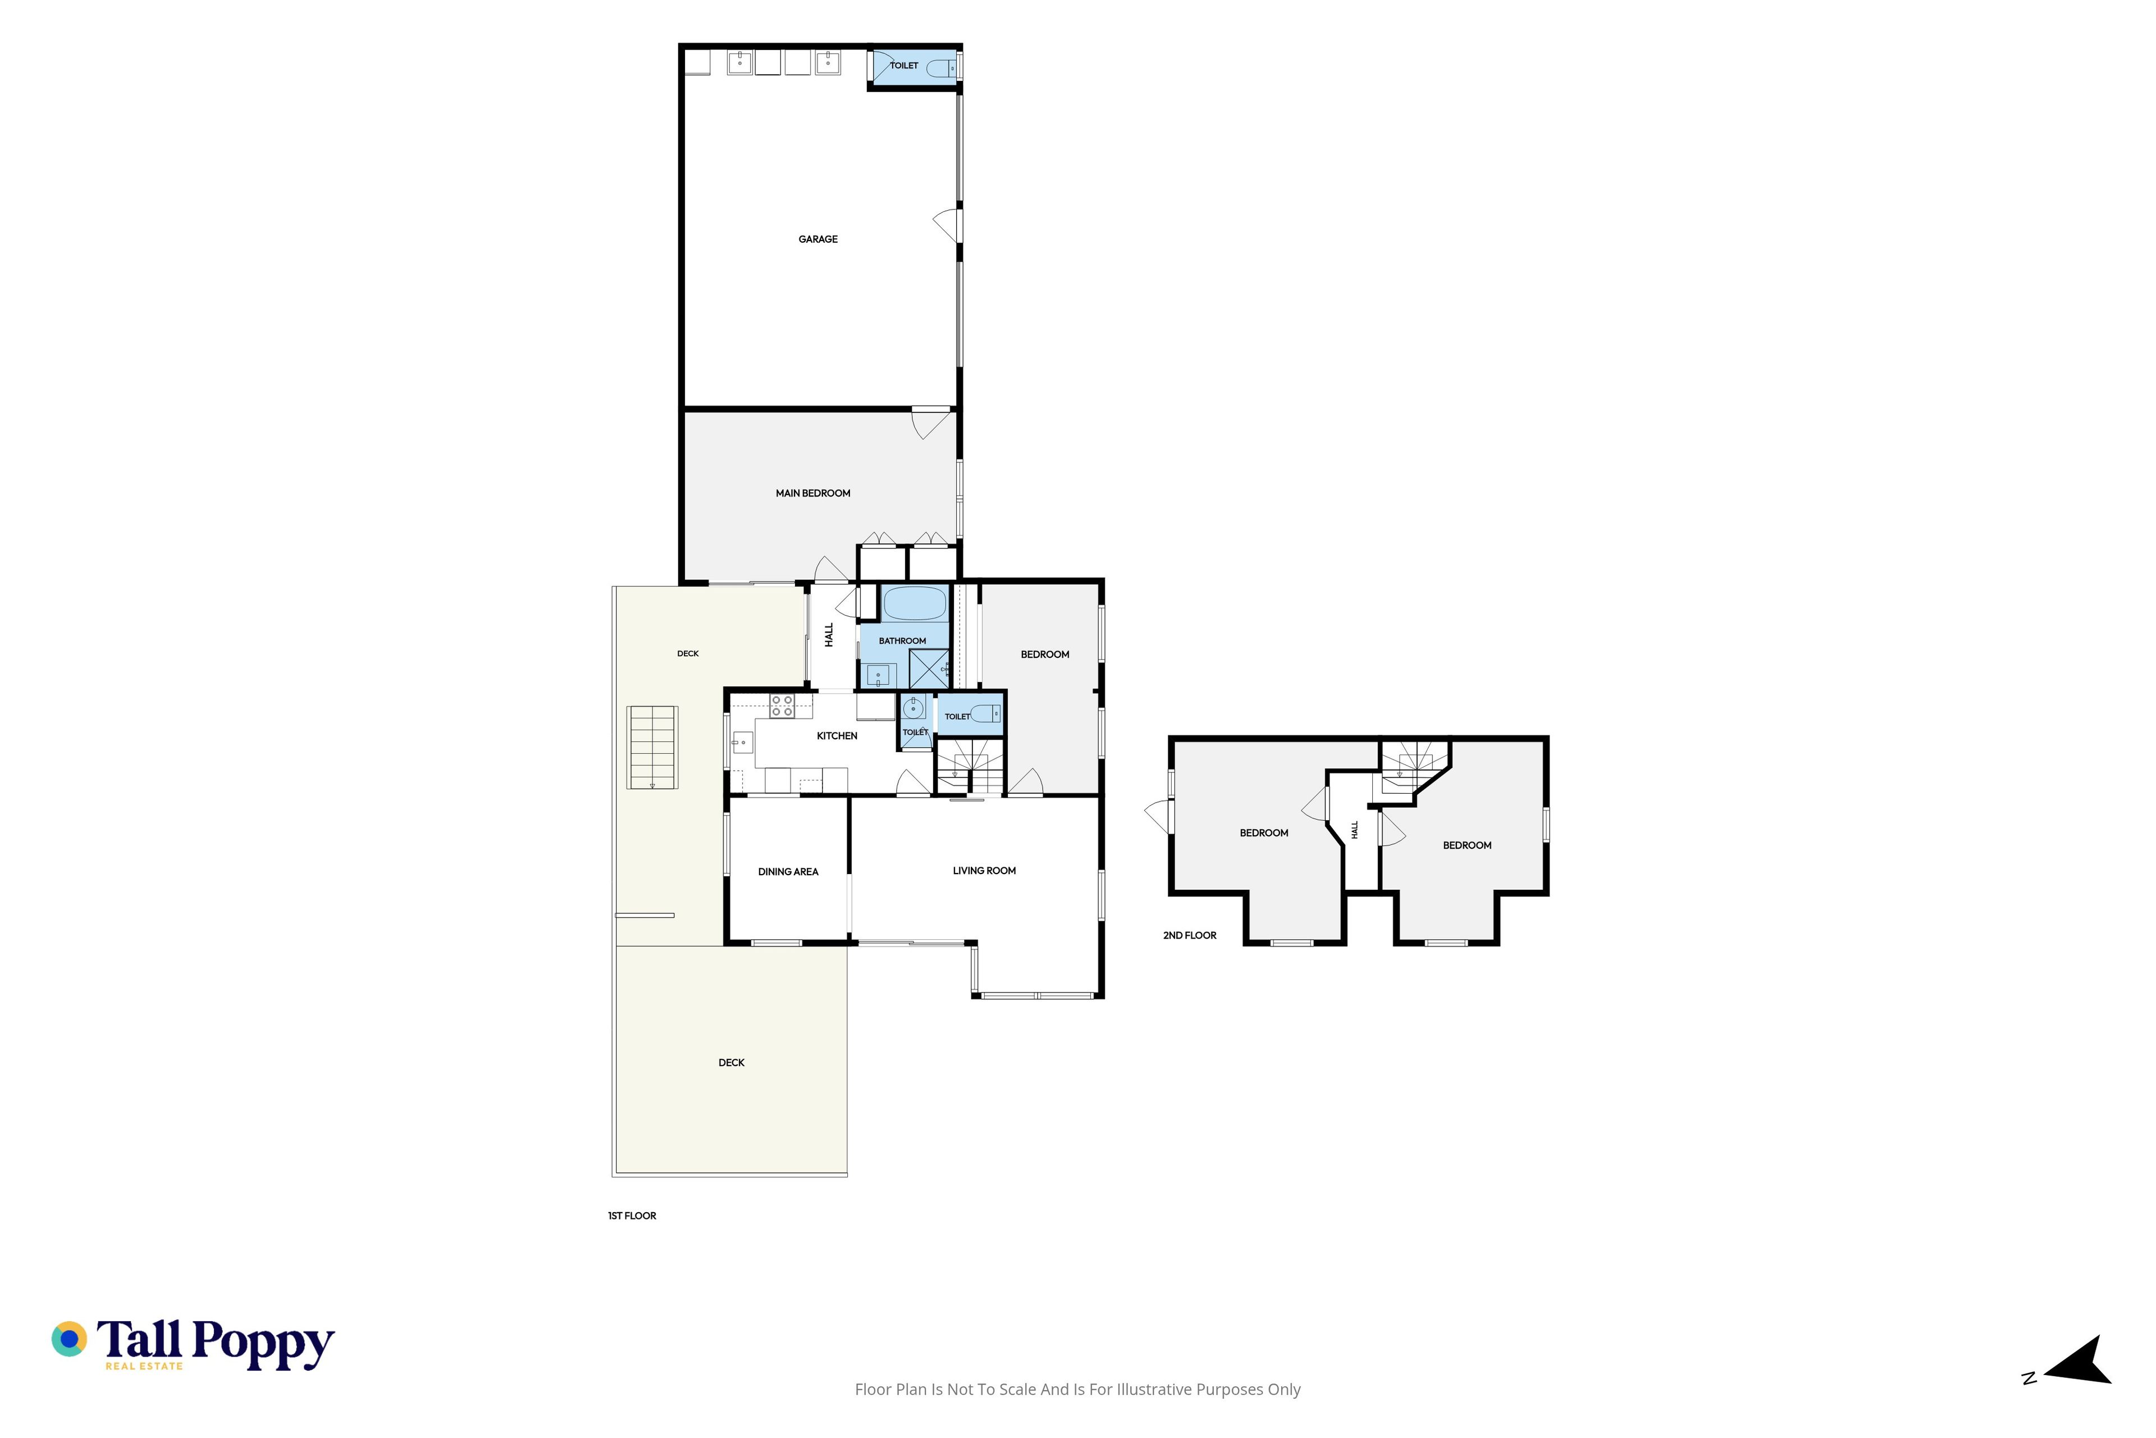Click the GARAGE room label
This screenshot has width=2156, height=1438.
coord(817,239)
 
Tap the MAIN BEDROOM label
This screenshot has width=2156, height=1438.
coord(813,493)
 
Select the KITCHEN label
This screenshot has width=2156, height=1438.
coord(837,735)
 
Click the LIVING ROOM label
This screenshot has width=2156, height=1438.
coord(984,870)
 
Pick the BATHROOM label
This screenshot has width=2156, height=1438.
coord(902,641)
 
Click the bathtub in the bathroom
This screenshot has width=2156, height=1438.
coord(914,603)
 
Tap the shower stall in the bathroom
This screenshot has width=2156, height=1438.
coord(929,668)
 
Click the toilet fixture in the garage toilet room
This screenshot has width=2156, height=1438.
coord(942,68)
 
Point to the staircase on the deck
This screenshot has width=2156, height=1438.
coord(652,748)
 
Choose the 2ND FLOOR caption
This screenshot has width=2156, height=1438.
coord(1190,935)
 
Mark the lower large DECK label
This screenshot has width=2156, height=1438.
coord(732,1063)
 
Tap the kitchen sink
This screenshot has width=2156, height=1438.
coord(742,741)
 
